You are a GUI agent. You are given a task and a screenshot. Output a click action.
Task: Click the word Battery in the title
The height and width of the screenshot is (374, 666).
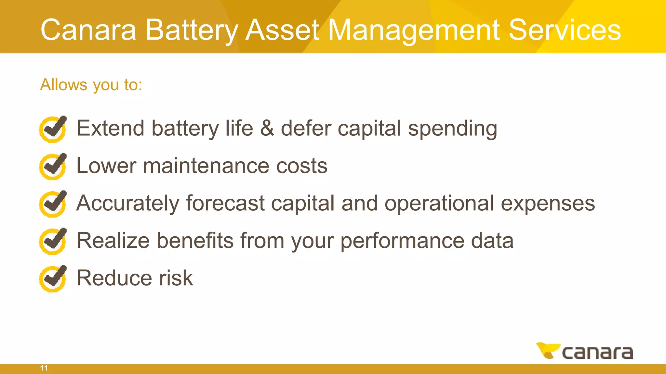click(192, 30)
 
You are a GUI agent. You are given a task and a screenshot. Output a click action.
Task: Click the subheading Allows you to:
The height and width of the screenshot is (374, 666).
click(91, 85)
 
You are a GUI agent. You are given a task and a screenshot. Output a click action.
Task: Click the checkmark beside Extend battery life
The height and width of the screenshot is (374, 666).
click(53, 129)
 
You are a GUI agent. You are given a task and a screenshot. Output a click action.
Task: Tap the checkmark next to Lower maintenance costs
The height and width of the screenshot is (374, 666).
click(53, 166)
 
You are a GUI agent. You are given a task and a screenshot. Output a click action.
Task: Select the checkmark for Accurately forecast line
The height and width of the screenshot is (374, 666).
click(53, 204)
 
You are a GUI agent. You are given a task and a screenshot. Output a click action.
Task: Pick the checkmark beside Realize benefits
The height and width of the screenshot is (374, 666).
click(53, 241)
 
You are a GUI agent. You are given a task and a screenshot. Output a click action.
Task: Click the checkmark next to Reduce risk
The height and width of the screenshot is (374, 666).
click(53, 279)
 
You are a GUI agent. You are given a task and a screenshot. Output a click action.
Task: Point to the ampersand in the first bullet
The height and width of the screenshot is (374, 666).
click(267, 128)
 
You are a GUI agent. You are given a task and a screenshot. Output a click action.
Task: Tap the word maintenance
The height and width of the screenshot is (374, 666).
click(206, 166)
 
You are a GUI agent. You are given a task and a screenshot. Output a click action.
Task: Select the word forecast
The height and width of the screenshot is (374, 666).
click(225, 203)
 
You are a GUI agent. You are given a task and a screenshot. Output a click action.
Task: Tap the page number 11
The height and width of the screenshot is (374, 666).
click(44, 368)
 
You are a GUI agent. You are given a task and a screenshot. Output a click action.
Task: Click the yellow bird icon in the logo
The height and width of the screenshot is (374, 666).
click(547, 351)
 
